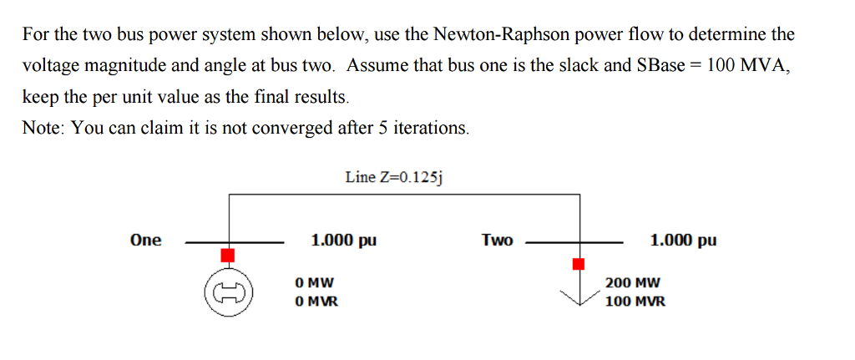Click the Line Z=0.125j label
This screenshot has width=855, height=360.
(394, 177)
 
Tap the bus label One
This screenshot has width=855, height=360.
(146, 241)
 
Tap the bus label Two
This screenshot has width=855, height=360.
(497, 241)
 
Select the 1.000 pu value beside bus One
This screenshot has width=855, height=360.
(343, 241)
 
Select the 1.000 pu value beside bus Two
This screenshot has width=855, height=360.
(682, 241)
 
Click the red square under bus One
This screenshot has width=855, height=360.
(227, 254)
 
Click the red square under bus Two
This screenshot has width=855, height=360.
(578, 264)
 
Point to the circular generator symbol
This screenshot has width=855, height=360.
(227, 293)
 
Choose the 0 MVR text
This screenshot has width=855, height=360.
(316, 301)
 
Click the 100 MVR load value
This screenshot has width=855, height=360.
(635, 301)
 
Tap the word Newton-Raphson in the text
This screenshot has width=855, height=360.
(488, 35)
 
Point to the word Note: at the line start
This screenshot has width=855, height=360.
(43, 128)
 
